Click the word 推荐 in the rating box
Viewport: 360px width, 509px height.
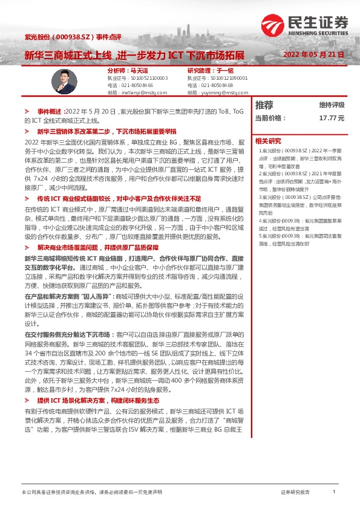tap(264, 105)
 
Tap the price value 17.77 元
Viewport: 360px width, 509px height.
tap(332, 118)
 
